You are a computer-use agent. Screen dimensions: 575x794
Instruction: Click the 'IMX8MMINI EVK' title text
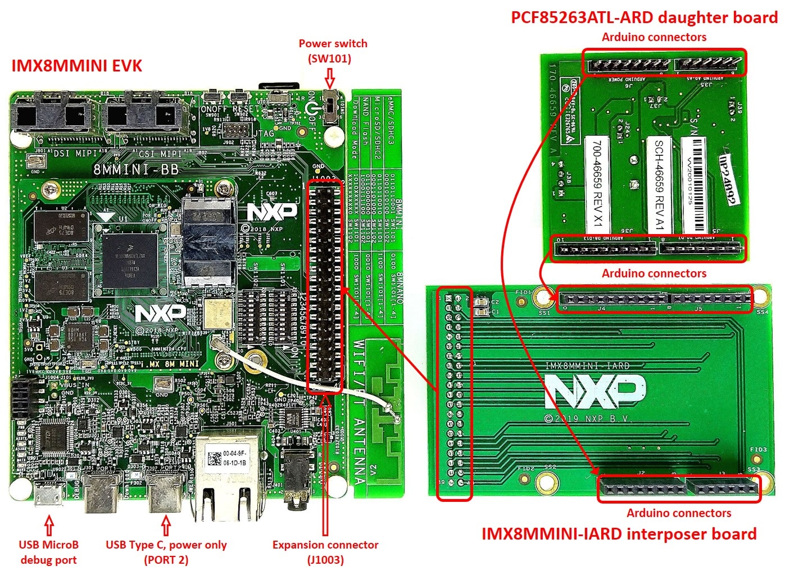76,66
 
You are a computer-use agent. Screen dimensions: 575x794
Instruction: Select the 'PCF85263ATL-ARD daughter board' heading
644,17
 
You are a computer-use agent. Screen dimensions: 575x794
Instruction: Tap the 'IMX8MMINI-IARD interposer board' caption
619,534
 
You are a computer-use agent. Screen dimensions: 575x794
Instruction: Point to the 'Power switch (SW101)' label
333,51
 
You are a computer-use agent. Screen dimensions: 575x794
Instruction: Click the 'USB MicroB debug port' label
48,552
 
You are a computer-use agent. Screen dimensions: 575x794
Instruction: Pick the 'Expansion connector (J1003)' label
325,552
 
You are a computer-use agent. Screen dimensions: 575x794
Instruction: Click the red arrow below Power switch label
330,77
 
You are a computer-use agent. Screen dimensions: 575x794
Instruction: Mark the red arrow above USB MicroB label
49,526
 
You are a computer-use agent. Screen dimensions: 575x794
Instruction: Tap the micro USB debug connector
49,495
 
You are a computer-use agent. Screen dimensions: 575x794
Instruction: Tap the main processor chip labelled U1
131,260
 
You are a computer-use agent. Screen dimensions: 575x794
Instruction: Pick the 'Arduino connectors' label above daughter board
654,37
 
